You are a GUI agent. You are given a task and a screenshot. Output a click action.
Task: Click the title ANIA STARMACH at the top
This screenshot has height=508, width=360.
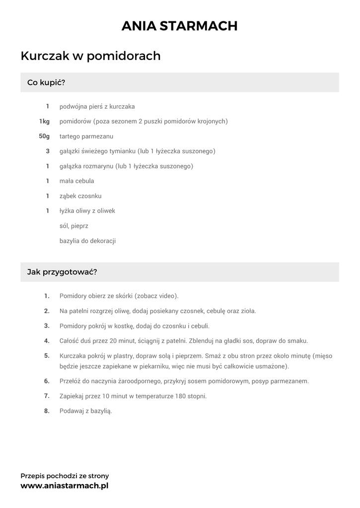(180, 26)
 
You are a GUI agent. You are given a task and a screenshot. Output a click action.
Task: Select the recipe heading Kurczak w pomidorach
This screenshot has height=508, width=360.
(90, 56)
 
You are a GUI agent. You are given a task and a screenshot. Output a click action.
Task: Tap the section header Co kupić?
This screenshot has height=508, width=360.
(46, 82)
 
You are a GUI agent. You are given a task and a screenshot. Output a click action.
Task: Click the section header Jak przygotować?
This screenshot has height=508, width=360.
(62, 272)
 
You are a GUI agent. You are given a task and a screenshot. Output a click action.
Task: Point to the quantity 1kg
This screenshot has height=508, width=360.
(44, 121)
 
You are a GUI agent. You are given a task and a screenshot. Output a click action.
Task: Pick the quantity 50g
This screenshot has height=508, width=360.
(44, 136)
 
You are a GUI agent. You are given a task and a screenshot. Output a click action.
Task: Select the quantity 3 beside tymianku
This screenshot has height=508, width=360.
(48, 151)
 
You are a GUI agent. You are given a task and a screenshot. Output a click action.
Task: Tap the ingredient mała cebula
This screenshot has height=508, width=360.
(76, 181)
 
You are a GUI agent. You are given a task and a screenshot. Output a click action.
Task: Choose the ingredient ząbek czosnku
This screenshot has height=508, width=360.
(80, 196)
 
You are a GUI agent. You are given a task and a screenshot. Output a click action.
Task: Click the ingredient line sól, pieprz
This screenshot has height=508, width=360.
(73, 226)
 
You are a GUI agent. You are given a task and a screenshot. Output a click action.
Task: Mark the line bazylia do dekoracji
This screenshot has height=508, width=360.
(87, 241)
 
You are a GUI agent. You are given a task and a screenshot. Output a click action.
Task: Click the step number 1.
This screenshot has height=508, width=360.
(47, 296)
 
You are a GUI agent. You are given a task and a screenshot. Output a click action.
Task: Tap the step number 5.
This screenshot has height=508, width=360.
(47, 356)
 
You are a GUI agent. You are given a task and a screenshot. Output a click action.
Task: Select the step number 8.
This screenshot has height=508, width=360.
(47, 411)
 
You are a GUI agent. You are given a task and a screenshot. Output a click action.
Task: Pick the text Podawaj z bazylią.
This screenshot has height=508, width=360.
(85, 411)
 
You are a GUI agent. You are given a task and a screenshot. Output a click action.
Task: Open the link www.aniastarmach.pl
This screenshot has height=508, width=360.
(64, 486)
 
